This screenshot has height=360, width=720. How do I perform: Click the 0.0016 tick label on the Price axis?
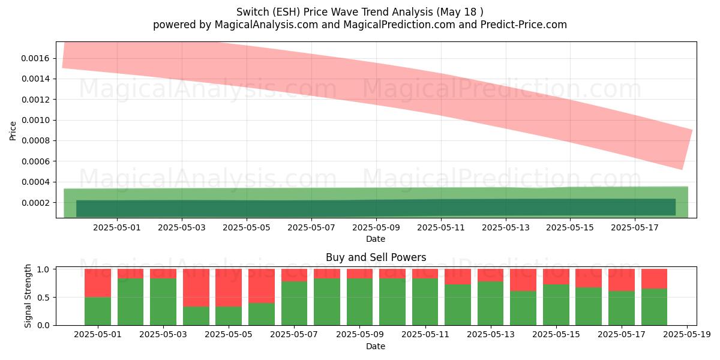35,59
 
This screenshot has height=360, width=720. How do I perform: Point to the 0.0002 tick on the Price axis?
35,203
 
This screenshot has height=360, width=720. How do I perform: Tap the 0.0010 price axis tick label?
35,120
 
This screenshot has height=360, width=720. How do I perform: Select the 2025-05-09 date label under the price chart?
376,227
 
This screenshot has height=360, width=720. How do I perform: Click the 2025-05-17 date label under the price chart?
635,227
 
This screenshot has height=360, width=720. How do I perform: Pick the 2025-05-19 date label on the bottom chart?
687,335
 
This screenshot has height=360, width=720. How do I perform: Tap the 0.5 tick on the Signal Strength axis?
43,298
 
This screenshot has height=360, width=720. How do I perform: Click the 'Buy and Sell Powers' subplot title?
376,257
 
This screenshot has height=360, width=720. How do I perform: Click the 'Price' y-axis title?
13,131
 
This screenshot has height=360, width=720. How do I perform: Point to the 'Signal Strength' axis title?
28,296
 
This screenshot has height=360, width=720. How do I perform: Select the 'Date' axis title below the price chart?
376,239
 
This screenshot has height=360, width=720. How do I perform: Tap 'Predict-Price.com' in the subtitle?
524,25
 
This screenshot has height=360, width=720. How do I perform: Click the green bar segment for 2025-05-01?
98,311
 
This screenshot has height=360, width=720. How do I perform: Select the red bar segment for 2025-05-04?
196,287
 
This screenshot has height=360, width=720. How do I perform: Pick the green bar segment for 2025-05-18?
654,307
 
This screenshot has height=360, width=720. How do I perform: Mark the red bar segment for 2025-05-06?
262,286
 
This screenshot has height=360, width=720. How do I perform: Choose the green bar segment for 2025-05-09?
359,302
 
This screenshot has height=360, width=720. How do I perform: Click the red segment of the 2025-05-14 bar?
523,280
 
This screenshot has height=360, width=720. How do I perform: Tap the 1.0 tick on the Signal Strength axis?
43,269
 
